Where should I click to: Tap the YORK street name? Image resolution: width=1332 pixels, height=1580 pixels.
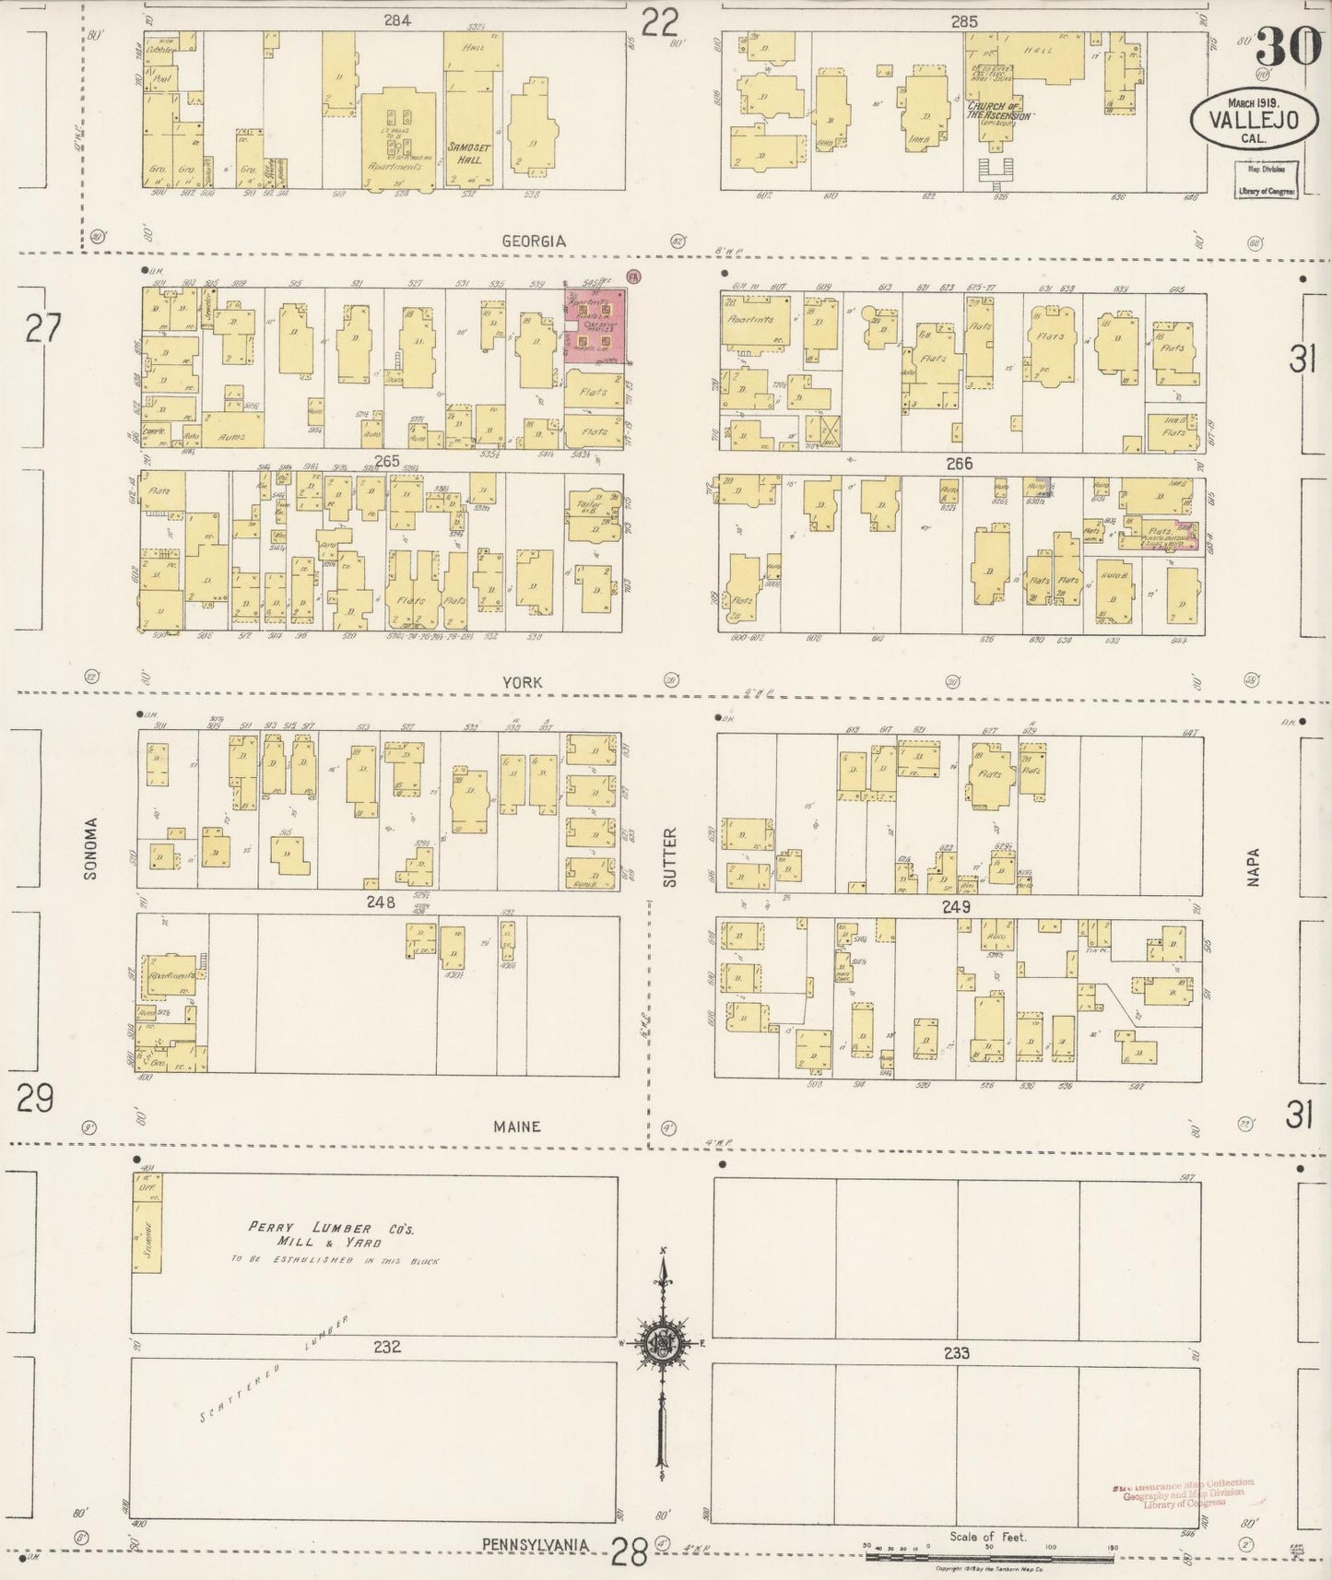point(522,682)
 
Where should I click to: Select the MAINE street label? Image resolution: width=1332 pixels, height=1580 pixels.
point(516,1126)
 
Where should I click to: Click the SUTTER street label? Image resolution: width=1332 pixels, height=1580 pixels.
point(669,857)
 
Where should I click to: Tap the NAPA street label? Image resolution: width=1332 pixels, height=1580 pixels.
point(1253,867)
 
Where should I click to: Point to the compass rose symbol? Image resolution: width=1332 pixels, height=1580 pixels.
point(662,1341)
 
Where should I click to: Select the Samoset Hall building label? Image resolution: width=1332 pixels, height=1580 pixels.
point(466,153)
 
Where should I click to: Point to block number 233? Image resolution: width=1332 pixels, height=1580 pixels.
point(956,1353)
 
